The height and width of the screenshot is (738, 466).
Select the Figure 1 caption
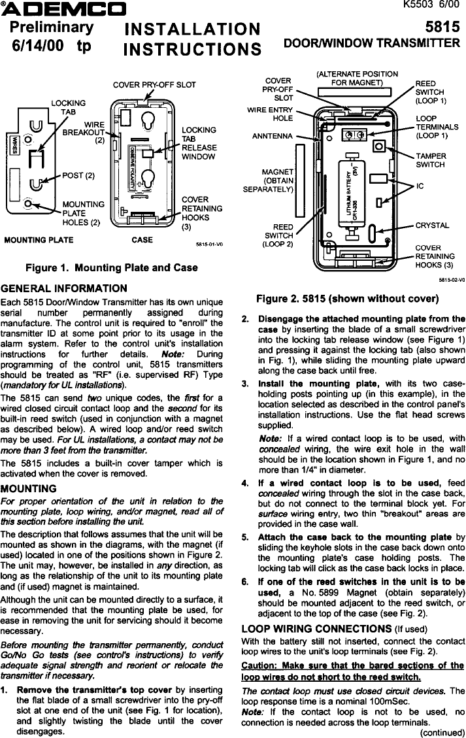[x=111, y=268]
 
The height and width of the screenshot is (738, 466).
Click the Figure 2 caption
[x=346, y=299]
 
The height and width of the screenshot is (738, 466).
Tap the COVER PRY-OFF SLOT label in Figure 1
[x=154, y=85]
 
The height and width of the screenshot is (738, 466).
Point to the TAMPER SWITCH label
[x=431, y=161]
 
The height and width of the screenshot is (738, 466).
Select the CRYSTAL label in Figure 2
[x=432, y=226]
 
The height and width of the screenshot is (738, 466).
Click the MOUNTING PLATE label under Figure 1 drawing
[x=39, y=240]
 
